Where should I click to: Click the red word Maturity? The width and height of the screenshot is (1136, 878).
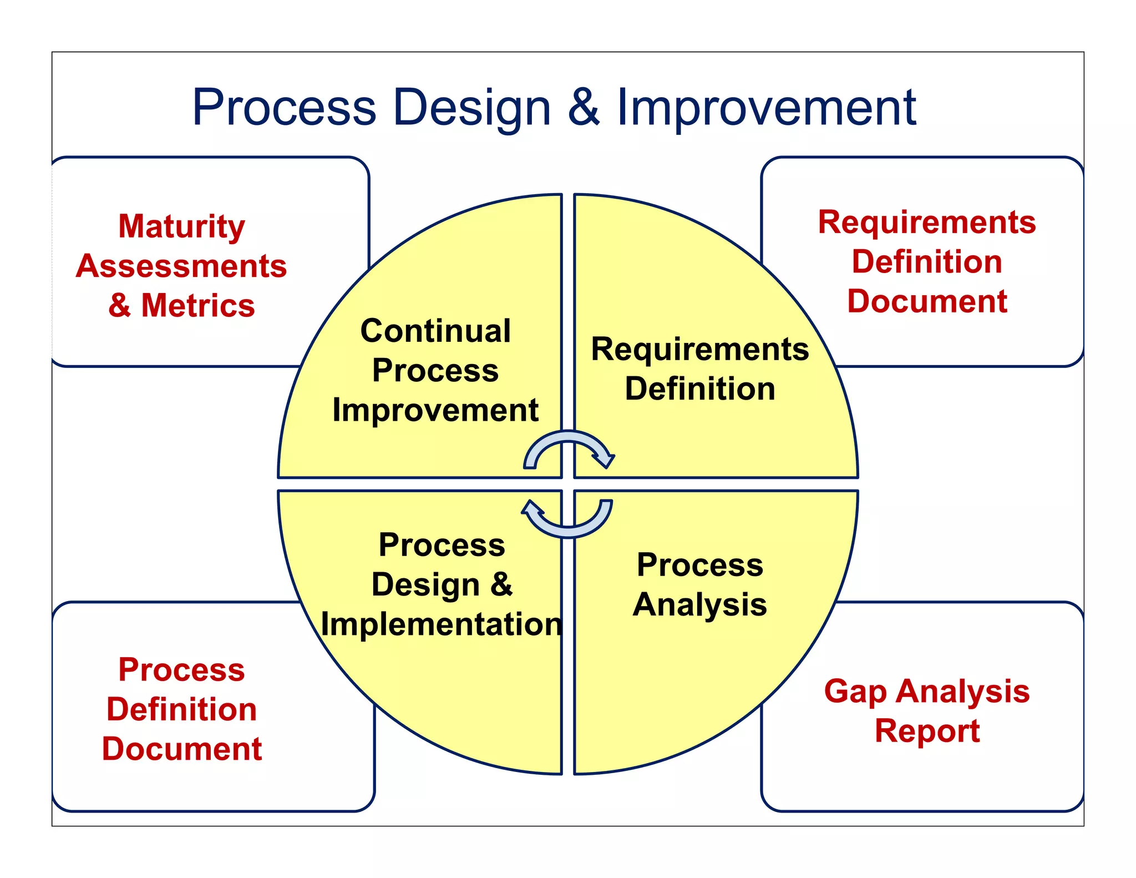[181, 226]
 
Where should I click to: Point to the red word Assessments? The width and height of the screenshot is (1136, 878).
[181, 266]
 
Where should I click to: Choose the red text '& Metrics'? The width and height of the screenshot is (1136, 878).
[181, 305]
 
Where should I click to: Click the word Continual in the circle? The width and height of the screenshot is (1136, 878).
[435, 331]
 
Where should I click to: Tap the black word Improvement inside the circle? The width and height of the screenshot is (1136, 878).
[435, 410]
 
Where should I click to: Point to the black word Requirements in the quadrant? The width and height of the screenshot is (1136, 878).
[700, 349]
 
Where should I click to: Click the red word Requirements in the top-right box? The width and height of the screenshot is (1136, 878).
[927, 222]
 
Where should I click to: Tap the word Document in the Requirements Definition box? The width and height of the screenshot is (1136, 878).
[927, 301]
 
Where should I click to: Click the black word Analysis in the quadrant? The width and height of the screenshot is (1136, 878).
[700, 604]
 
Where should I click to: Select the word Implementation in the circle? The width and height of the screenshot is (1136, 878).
[442, 624]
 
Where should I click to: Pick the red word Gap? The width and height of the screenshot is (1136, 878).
[855, 692]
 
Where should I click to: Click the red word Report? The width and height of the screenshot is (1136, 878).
[927, 730]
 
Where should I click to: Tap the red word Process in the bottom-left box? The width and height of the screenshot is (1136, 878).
[181, 669]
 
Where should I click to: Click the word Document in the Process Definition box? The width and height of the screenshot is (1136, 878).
[181, 749]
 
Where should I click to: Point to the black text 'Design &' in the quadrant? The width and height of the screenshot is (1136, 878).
[442, 584]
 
